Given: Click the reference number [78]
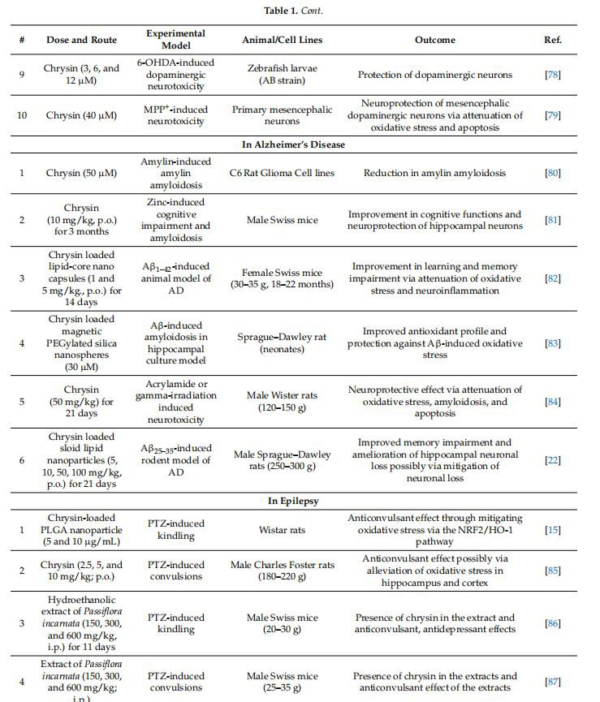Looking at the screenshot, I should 552,75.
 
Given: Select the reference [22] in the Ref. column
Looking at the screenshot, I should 552,460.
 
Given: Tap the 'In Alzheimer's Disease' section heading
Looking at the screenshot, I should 294,144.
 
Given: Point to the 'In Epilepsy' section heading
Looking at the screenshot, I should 294,501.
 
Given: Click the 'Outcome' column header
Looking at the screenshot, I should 435,40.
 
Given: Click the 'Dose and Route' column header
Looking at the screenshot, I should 81,40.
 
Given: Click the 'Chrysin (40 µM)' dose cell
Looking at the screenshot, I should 81,115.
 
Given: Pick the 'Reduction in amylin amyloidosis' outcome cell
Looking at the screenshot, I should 434,173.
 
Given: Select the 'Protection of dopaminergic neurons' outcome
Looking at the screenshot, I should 435,75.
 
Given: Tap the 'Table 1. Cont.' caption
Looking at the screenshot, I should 299,11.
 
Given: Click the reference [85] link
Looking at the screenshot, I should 552,571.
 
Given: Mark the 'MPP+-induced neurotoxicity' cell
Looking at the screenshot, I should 175,115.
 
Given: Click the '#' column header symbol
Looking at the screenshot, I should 22,40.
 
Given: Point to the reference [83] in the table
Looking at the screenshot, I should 552,343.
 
